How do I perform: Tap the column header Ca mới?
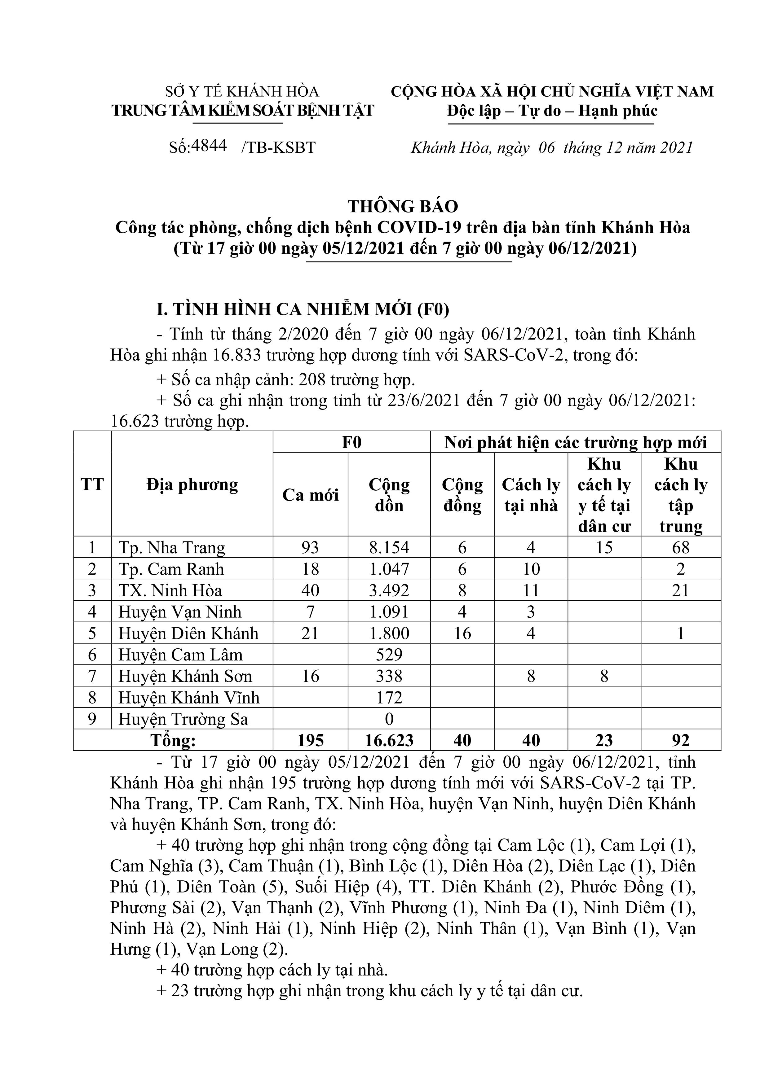tap(310, 495)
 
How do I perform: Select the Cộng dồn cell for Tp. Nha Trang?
tap(389, 547)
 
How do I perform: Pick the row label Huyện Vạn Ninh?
tap(180, 612)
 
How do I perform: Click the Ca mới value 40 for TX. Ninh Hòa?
tap(310, 590)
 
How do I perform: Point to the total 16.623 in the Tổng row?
tap(389, 740)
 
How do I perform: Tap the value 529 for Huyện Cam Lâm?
tap(389, 655)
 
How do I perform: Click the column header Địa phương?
tap(192, 484)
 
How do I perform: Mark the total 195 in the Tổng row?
tap(310, 740)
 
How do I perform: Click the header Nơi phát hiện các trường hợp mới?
tap(575, 442)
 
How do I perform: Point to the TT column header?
tap(92, 484)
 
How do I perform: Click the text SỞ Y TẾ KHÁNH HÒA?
tap(242, 91)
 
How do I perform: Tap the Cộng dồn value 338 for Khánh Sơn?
tap(389, 676)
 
